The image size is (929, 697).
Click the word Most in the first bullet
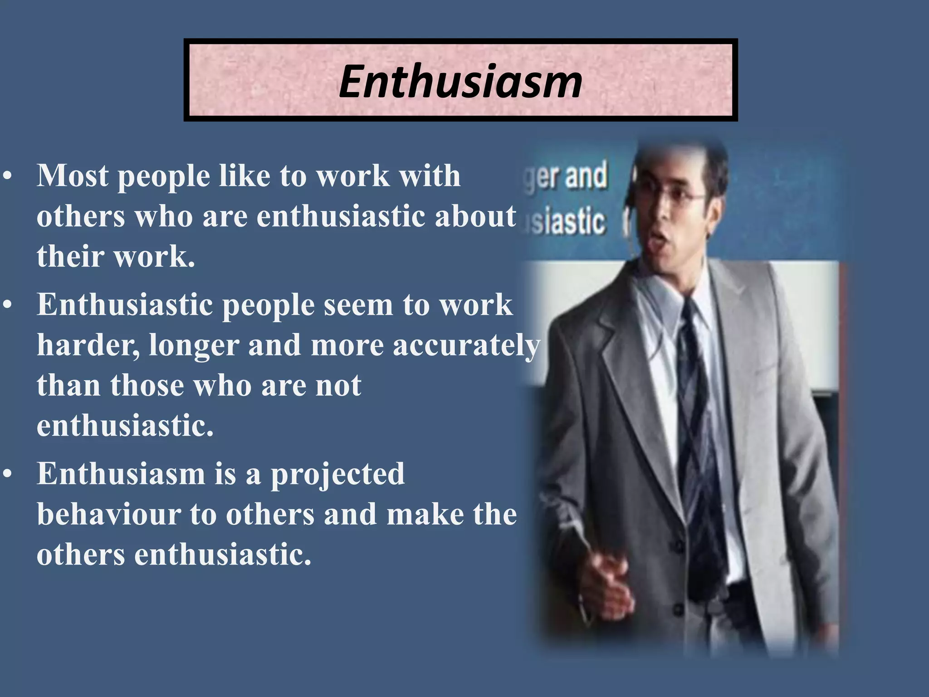click(73, 176)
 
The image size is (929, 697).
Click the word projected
click(337, 475)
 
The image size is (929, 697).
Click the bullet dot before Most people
click(7, 176)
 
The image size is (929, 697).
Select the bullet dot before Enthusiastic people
click(7, 305)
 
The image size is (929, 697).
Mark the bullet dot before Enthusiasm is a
click(7, 474)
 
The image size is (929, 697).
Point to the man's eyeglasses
click(680, 197)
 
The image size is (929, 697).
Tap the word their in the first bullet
click(70, 256)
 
